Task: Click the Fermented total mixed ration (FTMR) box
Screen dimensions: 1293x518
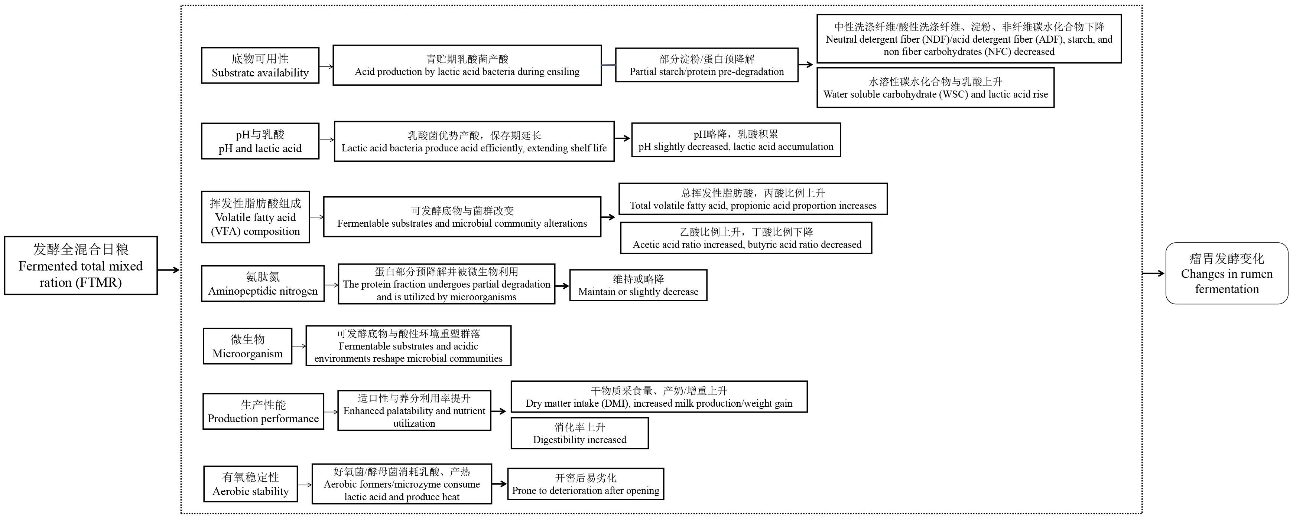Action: tap(81, 265)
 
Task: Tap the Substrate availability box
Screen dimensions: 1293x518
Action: tap(260, 66)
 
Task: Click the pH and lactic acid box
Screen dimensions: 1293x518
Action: tap(260, 141)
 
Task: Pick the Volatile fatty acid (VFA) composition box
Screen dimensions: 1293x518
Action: tap(256, 217)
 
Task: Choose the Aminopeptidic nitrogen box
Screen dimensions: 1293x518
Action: tap(263, 284)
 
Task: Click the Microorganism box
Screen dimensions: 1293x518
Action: tap(247, 346)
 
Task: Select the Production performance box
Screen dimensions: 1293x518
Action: tap(263, 411)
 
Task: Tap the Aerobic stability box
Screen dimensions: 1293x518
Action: tap(250, 484)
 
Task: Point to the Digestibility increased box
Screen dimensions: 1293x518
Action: tap(580, 433)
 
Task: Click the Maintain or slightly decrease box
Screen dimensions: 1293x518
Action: tap(638, 285)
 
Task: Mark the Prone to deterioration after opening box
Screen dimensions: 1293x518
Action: tap(586, 484)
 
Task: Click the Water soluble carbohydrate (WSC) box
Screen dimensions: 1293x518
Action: tap(936, 87)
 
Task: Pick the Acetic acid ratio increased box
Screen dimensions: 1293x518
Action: tap(746, 238)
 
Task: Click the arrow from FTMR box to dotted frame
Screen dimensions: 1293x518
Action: tap(169, 270)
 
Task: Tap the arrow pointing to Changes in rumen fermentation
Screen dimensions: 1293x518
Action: tap(1153, 273)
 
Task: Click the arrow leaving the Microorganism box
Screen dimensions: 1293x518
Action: tap(299, 346)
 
